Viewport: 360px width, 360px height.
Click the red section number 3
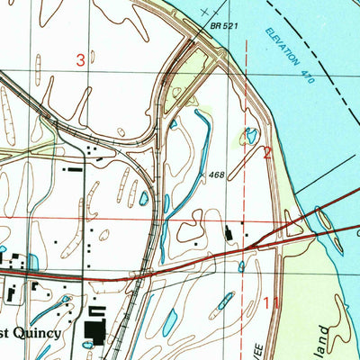click(x=81, y=60)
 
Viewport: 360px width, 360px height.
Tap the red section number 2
click(x=267, y=153)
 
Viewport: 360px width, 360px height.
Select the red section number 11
click(x=273, y=305)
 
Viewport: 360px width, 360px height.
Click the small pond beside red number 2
click(x=249, y=136)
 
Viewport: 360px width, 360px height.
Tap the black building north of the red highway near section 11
click(x=229, y=235)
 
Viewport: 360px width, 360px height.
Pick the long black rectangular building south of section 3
click(x=72, y=168)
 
